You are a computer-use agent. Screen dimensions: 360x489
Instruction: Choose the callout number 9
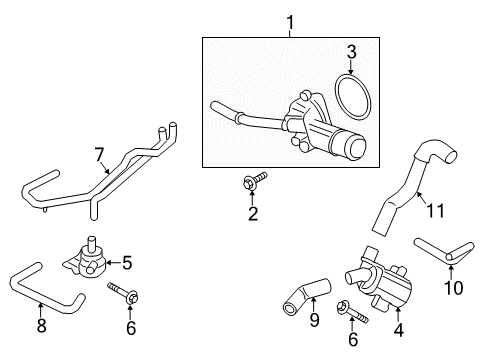click(x=285, y=322)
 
